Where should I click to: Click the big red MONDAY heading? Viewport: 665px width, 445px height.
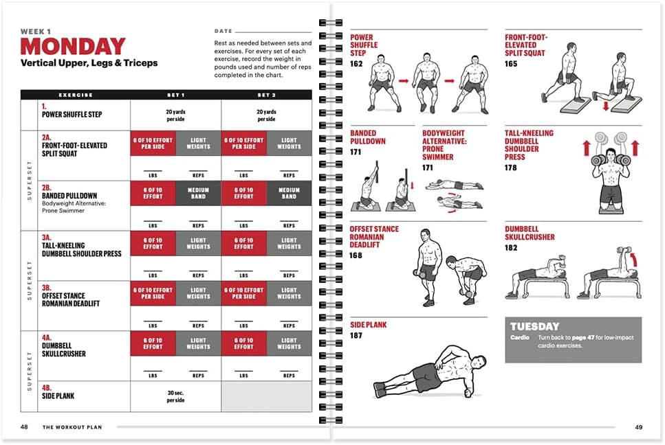click(x=73, y=47)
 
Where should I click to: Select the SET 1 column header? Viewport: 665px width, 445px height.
click(x=175, y=95)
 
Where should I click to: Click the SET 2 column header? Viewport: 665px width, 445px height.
click(x=266, y=95)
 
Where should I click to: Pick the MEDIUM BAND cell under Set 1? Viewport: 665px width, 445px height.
click(x=198, y=192)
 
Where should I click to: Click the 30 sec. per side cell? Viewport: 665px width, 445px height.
click(x=175, y=396)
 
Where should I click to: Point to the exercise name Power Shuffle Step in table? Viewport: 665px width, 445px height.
click(x=72, y=114)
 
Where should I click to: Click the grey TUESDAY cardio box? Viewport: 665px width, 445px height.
click(x=573, y=339)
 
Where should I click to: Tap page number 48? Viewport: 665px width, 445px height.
click(x=24, y=427)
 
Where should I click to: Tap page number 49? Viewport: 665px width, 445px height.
click(x=638, y=427)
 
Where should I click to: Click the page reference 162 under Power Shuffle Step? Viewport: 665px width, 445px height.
click(x=356, y=64)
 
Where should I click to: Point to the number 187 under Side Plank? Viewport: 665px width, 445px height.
click(x=356, y=336)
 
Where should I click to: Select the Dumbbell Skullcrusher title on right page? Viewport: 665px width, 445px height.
click(x=530, y=233)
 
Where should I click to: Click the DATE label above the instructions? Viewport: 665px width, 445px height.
click(x=224, y=32)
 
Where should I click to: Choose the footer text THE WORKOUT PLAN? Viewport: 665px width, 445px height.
click(x=72, y=427)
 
